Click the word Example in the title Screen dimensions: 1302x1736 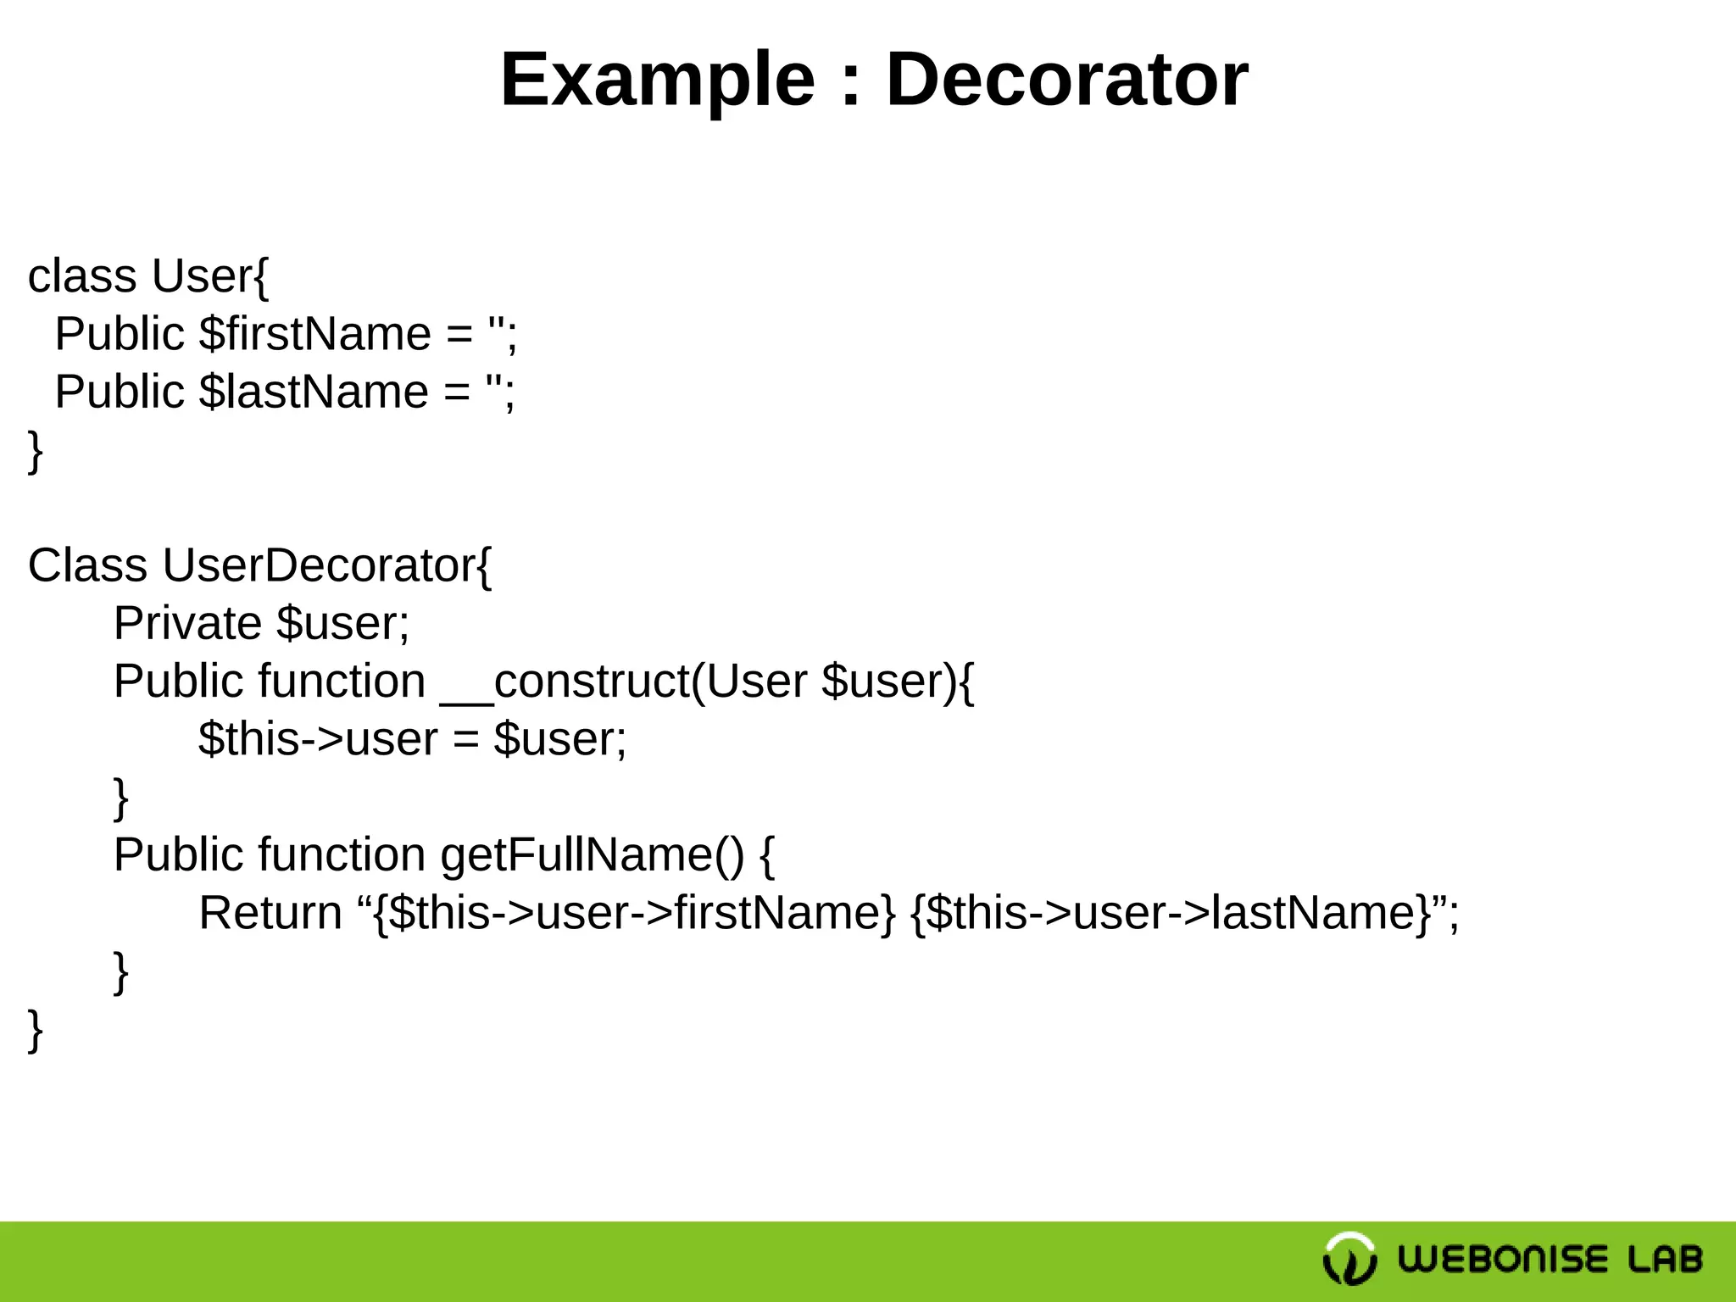tap(657, 81)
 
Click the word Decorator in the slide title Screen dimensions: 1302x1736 tap(1066, 81)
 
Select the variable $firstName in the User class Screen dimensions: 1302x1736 tap(314, 334)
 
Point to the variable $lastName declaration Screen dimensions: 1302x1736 tap(313, 392)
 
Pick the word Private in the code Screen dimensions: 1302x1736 tap(187, 624)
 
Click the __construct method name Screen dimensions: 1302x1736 tap(565, 682)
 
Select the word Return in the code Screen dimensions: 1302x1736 tap(270, 913)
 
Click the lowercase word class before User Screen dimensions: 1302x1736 tap(82, 276)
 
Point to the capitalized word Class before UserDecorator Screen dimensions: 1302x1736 tap(87, 565)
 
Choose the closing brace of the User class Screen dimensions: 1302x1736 tap(35, 451)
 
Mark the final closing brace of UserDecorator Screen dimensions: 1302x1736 tap(35, 1030)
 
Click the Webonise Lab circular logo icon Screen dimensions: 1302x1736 tap(1349, 1259)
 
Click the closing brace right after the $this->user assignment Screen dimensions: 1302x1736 tap(121, 798)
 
